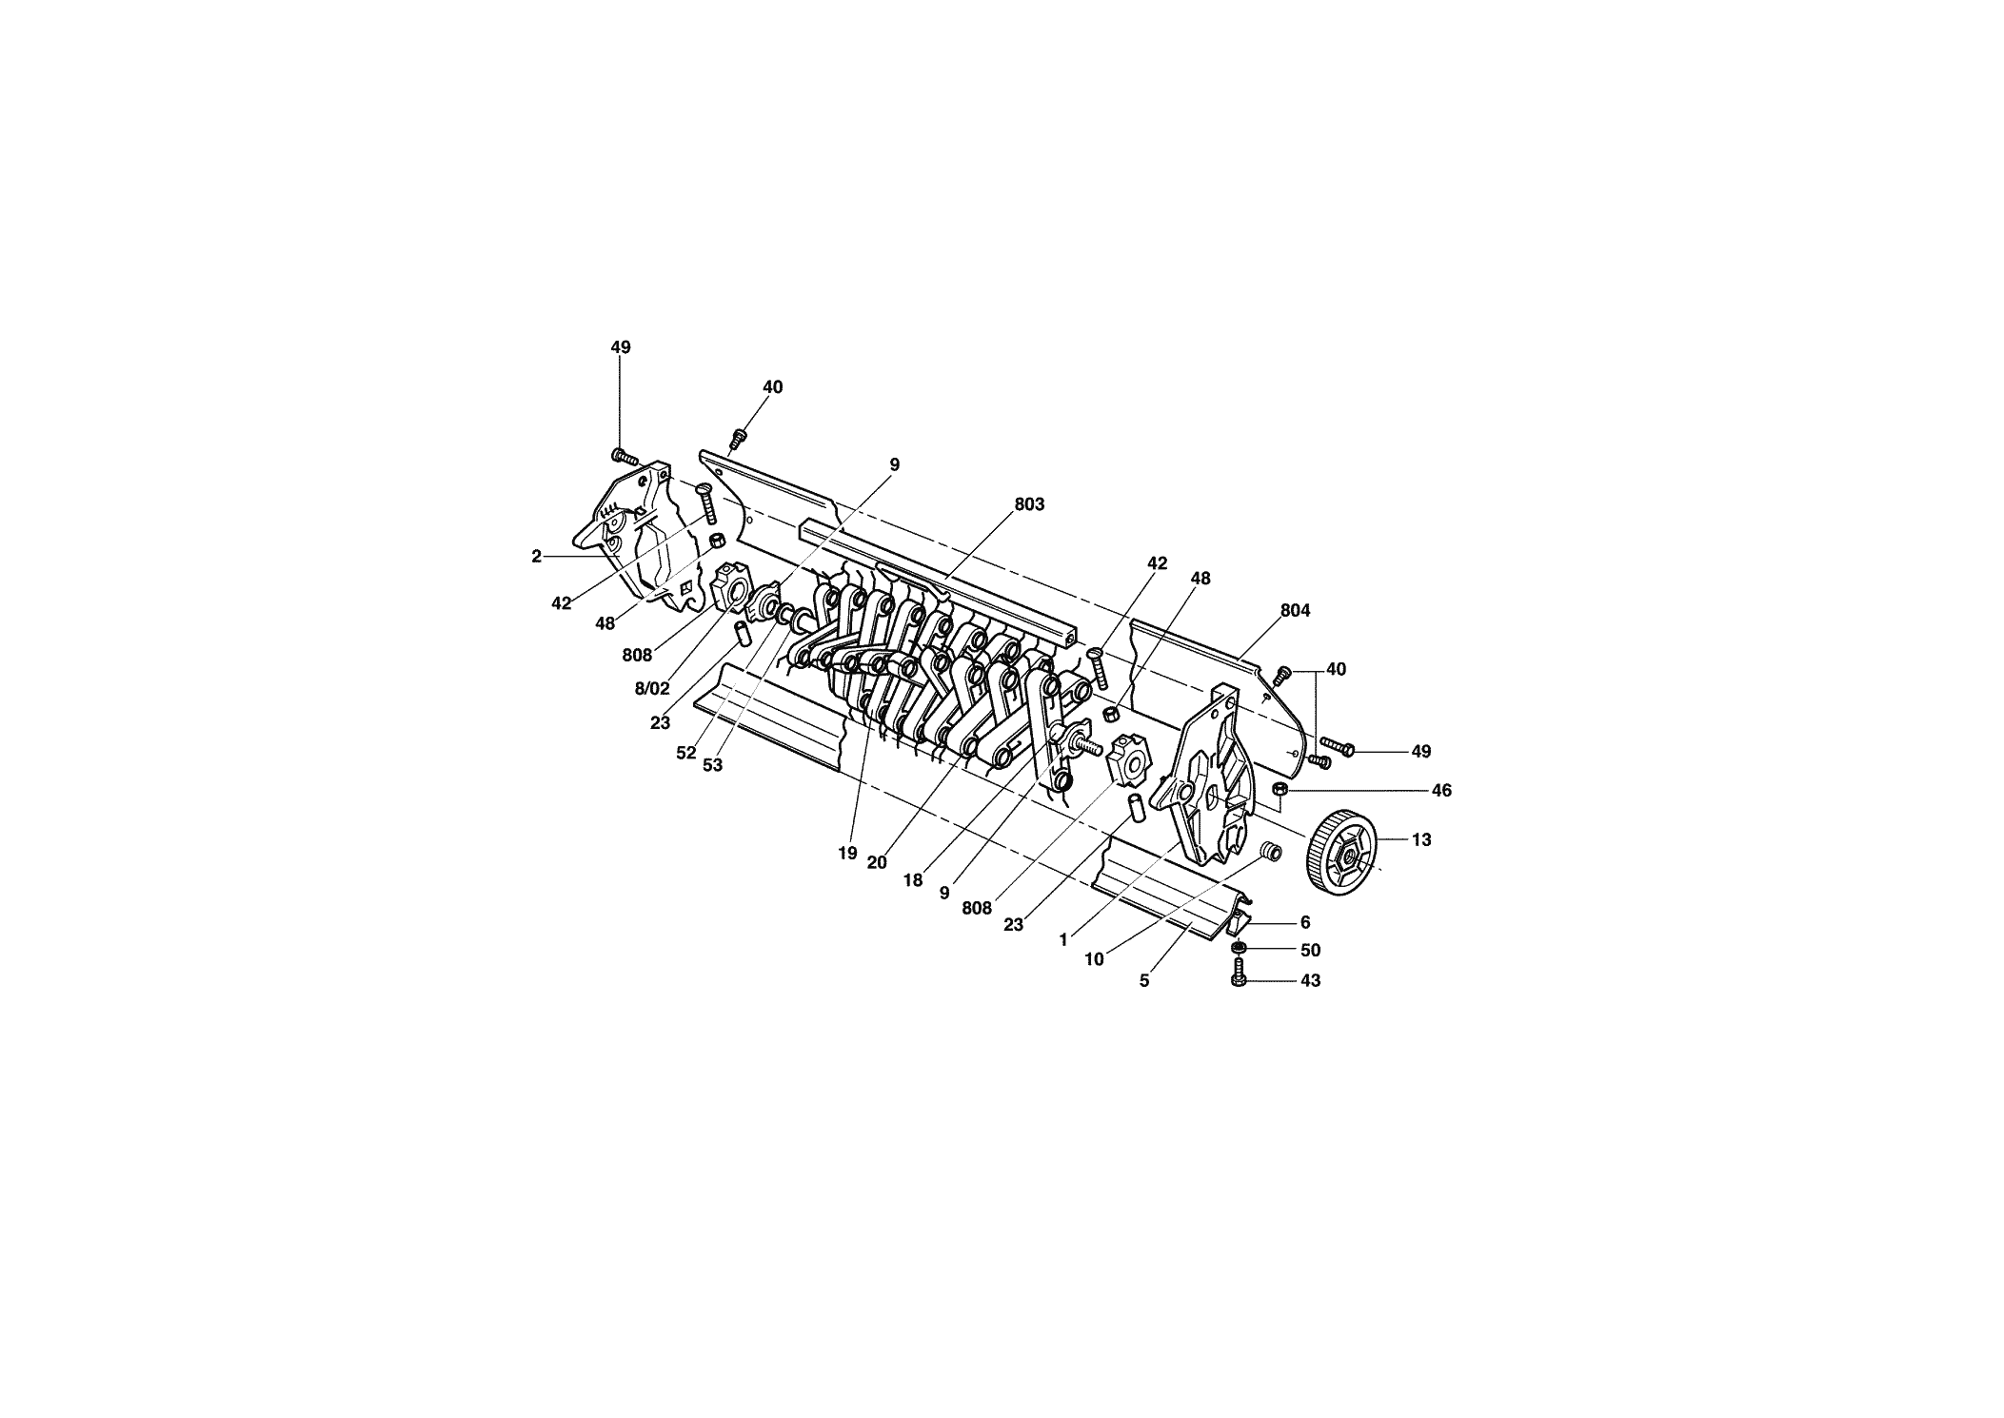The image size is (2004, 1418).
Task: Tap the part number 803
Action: pos(1029,504)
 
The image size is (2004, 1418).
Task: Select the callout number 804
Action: pos(1295,611)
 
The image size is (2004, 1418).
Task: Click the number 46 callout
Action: pos(1441,791)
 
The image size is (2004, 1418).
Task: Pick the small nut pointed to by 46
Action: pos(1280,790)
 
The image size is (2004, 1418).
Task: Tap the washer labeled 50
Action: pos(1239,949)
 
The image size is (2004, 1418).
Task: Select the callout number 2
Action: pos(537,557)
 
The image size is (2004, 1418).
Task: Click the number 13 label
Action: pos(1421,840)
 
